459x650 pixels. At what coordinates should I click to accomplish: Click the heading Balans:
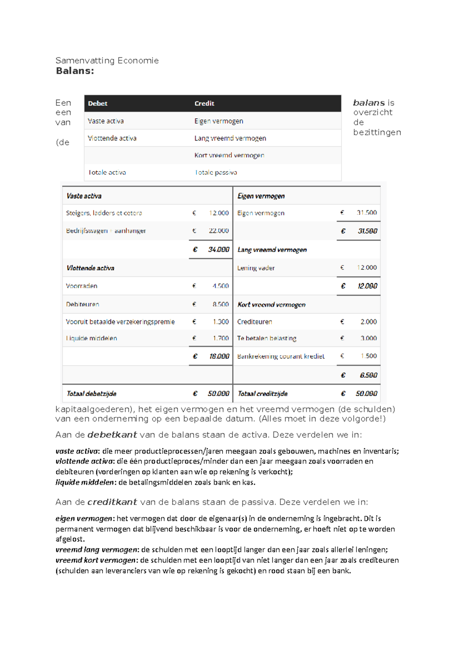coord(75,71)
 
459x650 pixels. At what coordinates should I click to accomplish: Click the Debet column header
coord(98,103)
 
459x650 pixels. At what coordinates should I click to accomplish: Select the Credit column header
coord(204,103)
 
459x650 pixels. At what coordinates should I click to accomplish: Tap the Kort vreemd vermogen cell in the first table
coord(229,155)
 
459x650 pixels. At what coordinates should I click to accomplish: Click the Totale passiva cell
coord(216,173)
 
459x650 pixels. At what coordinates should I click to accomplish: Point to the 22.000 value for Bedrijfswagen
coord(218,231)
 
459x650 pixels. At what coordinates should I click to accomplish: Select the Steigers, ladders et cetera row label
coord(104,213)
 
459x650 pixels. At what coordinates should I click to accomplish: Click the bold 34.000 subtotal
coord(218,250)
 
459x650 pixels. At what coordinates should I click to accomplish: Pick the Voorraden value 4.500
coord(221,286)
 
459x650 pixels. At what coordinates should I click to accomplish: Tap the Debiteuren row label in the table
coord(82,304)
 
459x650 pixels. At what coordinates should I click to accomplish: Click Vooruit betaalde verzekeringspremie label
coord(120,322)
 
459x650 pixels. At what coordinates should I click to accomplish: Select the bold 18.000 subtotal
coord(219,356)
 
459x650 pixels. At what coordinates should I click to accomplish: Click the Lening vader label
coord(256,268)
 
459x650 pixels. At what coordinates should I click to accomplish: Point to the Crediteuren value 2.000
coord(368,322)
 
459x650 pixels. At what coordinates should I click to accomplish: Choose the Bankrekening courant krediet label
coord(281,356)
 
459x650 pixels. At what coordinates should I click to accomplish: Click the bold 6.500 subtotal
coord(368,375)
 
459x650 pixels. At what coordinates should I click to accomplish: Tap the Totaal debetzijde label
coord(91,394)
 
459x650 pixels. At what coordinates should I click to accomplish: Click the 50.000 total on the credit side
coord(366,394)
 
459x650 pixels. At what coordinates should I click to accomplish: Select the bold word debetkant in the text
coord(112,435)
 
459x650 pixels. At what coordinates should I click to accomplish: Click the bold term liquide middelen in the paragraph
coord(85,482)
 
